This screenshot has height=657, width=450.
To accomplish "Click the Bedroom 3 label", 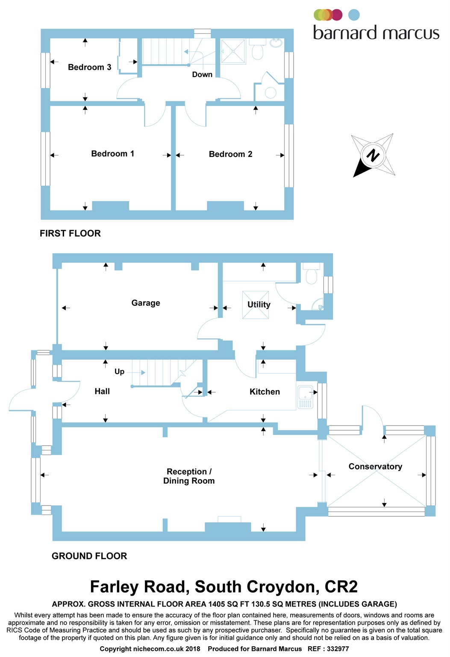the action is (90, 67).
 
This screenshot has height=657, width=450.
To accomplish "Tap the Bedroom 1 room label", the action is (112, 154).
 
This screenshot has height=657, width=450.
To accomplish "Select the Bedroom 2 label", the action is (230, 154).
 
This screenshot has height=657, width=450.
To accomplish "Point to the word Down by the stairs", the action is (202, 74).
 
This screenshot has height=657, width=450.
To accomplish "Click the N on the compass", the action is (373, 155).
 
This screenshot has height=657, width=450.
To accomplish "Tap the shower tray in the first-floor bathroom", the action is (233, 51).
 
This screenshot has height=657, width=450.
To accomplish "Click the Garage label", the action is (146, 303).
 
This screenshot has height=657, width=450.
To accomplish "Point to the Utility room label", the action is (259, 305).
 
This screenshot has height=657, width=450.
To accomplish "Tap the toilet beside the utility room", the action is (311, 274).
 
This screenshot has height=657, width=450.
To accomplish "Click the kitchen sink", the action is (305, 397).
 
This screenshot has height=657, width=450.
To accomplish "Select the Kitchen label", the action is (265, 391).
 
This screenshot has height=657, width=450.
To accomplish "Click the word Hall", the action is (102, 391).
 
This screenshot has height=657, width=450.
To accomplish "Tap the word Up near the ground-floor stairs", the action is (119, 372).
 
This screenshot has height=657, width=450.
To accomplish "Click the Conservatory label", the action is (375, 466).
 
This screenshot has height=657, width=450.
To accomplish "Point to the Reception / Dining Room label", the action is (189, 476).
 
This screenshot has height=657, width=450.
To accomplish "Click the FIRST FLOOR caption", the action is (71, 233).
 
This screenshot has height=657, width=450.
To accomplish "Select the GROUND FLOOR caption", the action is (89, 556).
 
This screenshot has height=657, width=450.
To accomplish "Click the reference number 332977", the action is (338, 648).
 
